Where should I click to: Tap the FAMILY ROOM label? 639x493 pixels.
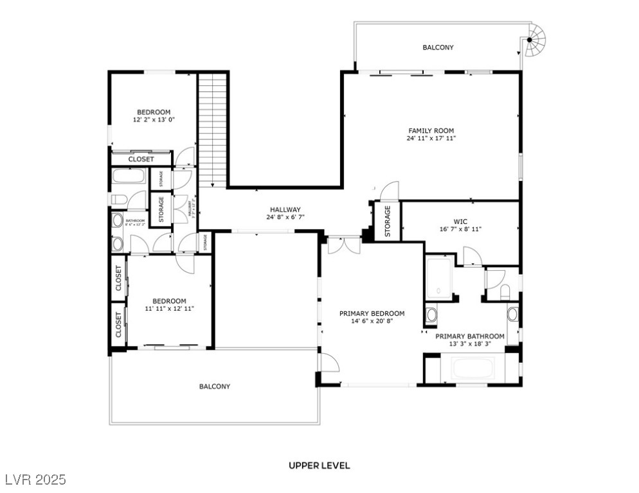point(431,131)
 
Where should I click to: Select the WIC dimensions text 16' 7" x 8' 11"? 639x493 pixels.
point(460,229)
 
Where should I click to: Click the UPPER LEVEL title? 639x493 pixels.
point(319,465)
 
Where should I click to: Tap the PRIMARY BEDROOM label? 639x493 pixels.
point(372,313)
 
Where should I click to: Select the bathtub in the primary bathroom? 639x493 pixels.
point(473,368)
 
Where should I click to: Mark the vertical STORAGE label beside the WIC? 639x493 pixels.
point(387,221)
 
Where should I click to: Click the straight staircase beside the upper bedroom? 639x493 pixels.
point(213,128)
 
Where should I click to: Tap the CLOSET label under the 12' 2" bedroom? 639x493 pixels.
point(141,159)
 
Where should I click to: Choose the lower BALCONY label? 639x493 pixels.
point(214,386)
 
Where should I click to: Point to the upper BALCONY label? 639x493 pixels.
point(438,48)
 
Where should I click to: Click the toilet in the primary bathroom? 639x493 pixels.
point(505,292)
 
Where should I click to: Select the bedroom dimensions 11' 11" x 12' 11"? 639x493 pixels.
point(169,309)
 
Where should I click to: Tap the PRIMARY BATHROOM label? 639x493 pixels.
point(470,336)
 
